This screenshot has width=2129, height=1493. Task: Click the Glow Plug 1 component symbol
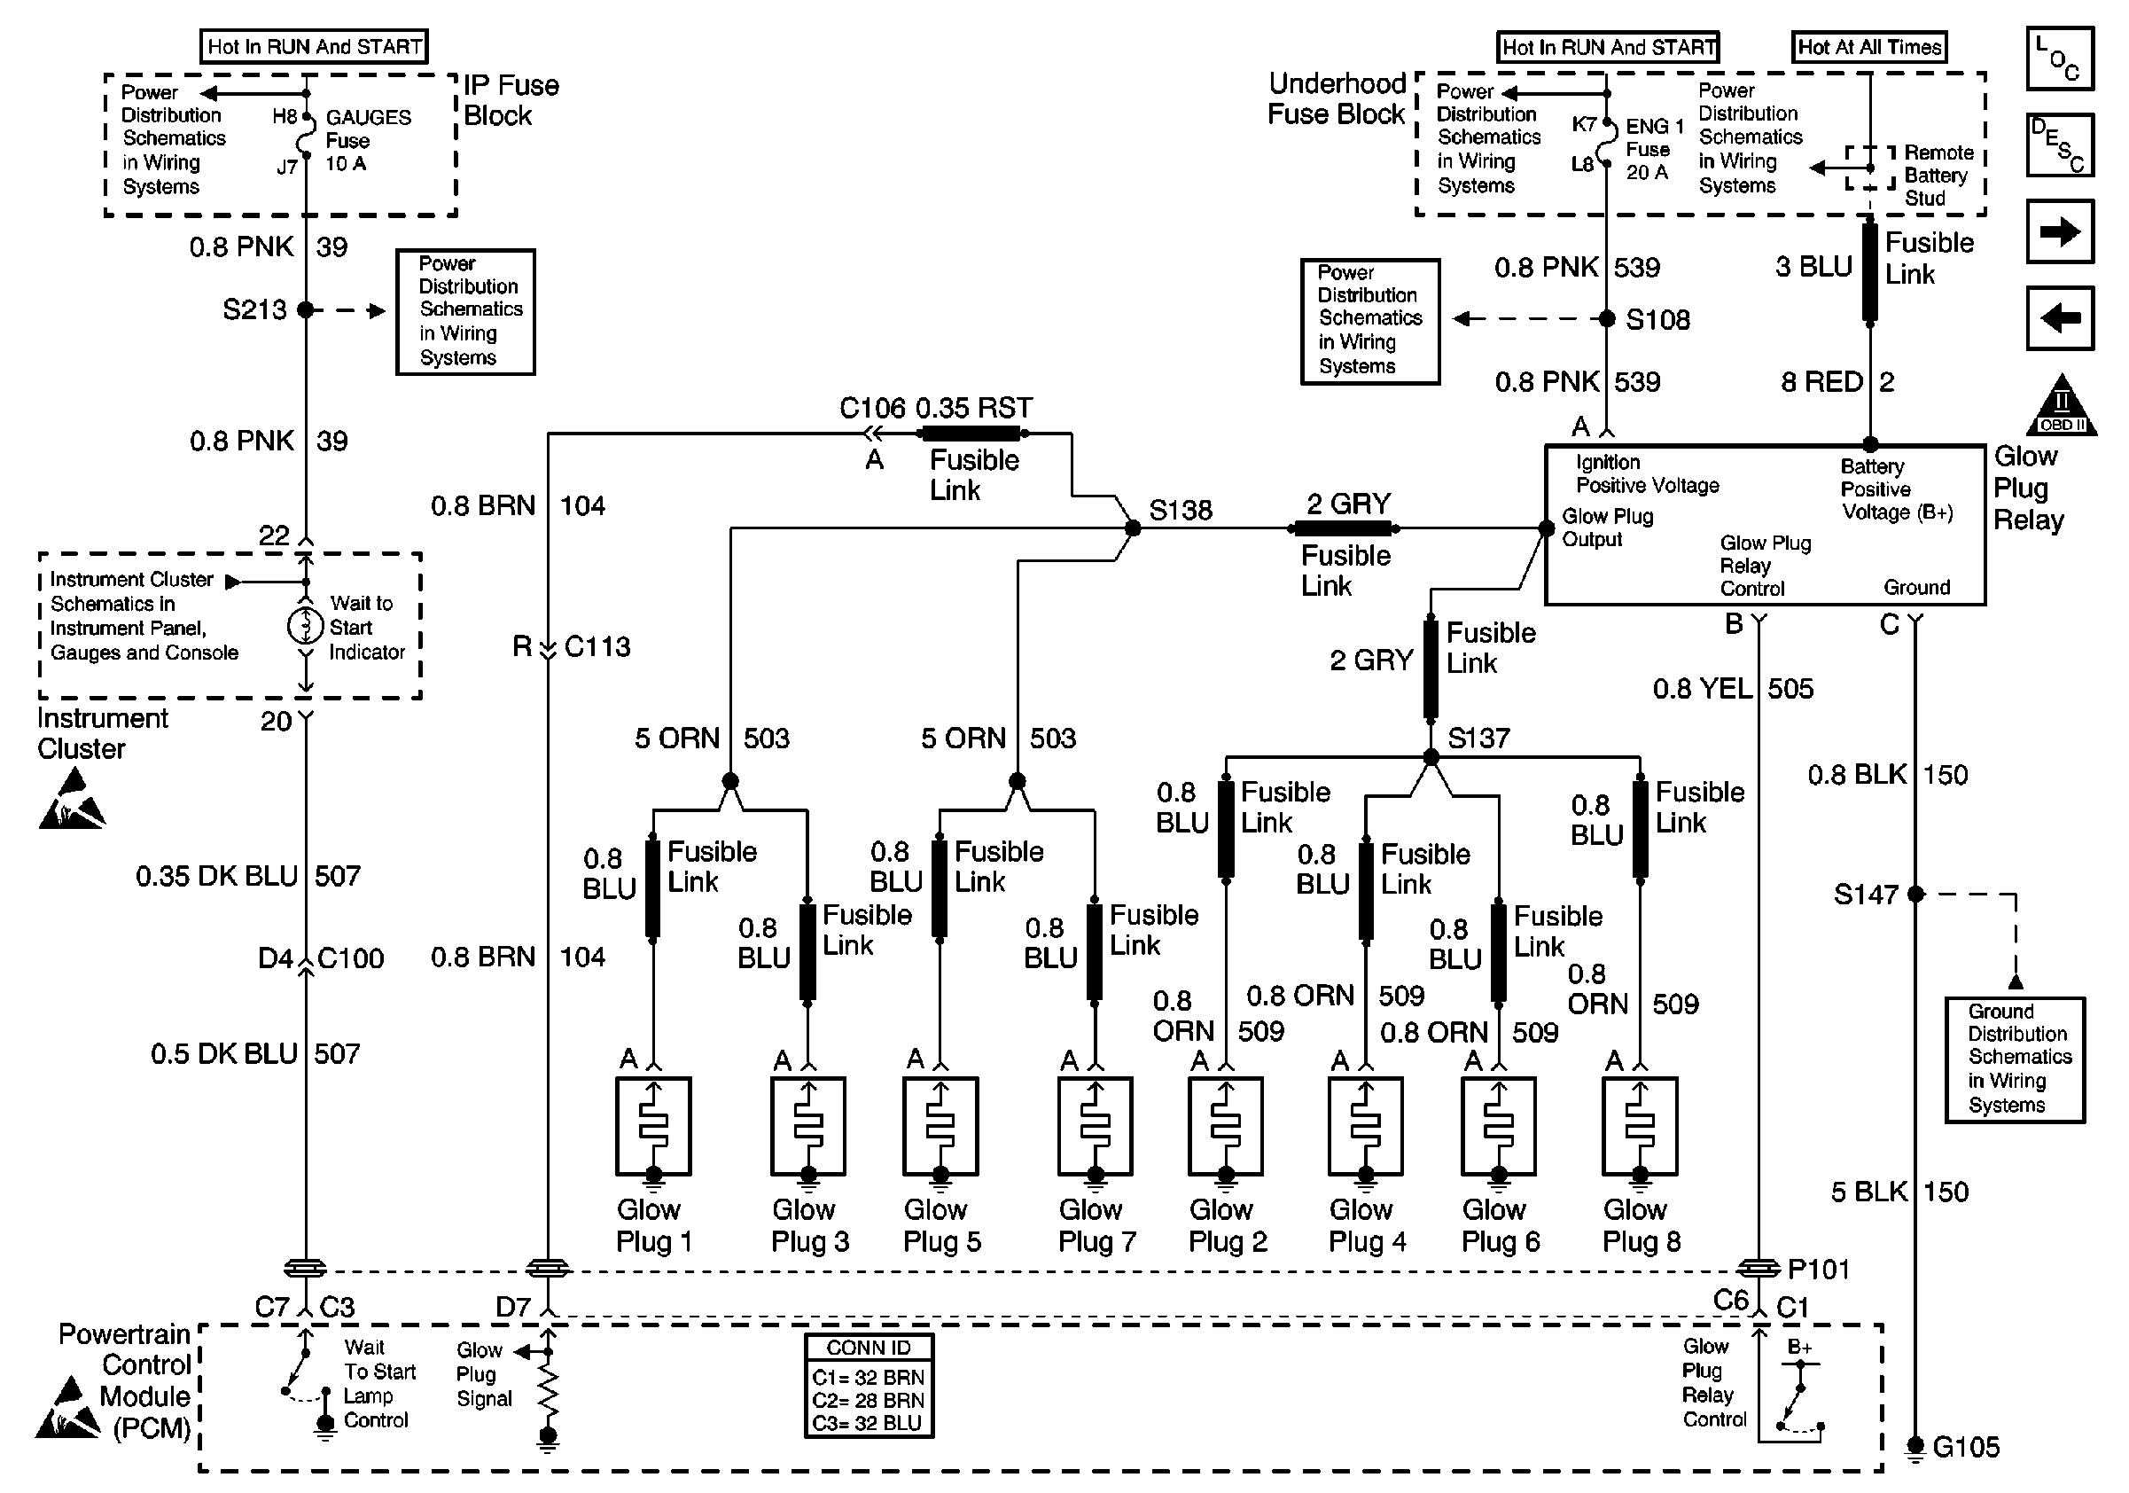tap(653, 1126)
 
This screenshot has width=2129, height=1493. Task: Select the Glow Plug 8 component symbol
tap(1640, 1126)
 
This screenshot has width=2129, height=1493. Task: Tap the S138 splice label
tap(1181, 510)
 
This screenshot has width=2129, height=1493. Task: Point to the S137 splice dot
tap(1431, 758)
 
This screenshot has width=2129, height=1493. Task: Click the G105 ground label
tap(1966, 1447)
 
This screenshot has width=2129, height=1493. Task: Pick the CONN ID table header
tap(869, 1348)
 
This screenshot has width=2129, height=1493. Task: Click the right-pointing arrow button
tap(2060, 231)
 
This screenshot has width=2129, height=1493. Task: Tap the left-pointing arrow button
tap(2060, 318)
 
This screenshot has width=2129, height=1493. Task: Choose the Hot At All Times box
tap(1868, 47)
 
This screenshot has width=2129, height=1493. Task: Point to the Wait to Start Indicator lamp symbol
tap(305, 627)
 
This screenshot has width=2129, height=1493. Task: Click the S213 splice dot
tap(305, 309)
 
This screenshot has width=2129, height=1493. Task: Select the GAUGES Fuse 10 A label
tap(367, 140)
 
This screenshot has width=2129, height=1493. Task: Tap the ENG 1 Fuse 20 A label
tap(1654, 148)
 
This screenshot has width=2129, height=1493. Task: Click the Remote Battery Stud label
tap(1937, 176)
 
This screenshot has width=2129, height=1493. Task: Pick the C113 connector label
tap(597, 646)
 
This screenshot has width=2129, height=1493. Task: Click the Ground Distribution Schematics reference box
tap(2015, 1059)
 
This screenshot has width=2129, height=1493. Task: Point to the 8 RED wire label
tap(1821, 382)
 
